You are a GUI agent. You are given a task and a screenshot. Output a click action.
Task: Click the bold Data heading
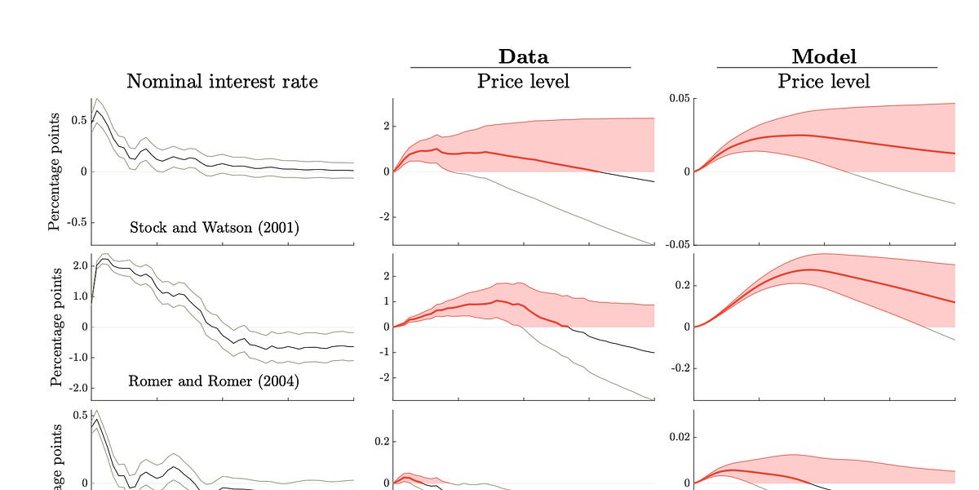(x=523, y=56)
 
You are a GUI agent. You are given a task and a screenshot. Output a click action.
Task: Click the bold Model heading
(x=823, y=56)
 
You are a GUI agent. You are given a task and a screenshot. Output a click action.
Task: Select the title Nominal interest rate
(x=221, y=82)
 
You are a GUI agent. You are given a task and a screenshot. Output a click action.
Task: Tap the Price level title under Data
(x=523, y=82)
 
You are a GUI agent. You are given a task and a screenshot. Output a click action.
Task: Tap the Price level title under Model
(x=823, y=82)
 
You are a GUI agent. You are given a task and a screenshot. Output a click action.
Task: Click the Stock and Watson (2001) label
(x=215, y=228)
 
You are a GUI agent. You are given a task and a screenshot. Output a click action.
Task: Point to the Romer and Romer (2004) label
(x=215, y=381)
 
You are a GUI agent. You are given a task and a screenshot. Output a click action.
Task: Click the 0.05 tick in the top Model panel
(x=679, y=99)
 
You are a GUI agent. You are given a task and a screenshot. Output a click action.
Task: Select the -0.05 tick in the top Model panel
(x=677, y=243)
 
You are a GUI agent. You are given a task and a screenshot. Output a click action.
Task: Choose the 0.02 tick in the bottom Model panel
(x=679, y=438)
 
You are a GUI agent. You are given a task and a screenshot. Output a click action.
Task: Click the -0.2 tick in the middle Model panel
(x=679, y=368)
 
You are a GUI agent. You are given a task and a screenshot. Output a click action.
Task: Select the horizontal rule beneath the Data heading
(x=521, y=68)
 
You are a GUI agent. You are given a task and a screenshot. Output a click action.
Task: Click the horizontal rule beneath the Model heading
(x=826, y=68)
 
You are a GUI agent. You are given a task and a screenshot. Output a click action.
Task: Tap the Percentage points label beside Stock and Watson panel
(x=55, y=171)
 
